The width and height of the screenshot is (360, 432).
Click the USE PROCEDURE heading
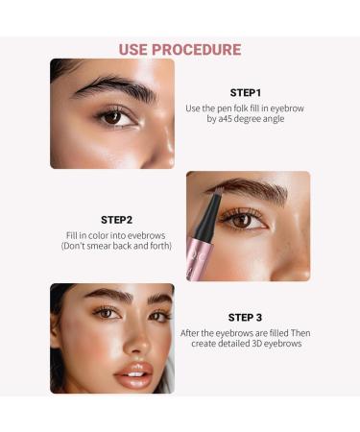click(180, 49)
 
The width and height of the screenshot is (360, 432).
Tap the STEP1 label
click(246, 93)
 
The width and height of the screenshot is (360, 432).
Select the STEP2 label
click(115, 219)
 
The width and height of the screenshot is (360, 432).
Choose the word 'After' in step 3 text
click(193, 332)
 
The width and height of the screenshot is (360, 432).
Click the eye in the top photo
click(113, 117)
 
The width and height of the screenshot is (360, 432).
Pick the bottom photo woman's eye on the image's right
click(157, 314)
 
